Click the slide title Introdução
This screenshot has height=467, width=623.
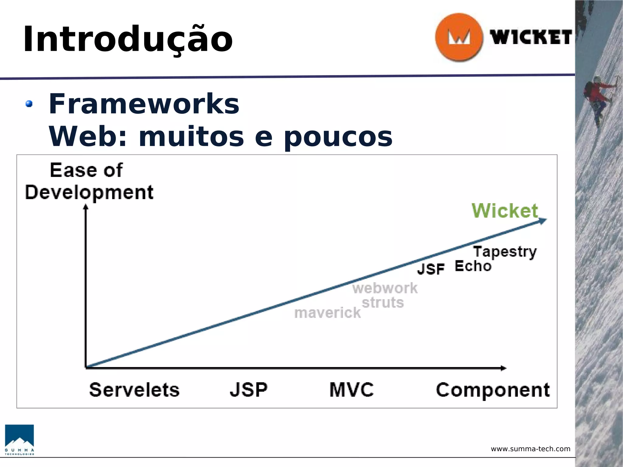[x=128, y=40]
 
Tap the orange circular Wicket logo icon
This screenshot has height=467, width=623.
[x=459, y=37]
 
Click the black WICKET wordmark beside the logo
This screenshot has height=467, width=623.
[x=531, y=37]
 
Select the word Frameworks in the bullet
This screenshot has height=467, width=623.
[x=144, y=104]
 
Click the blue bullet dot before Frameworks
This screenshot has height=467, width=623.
[x=29, y=104]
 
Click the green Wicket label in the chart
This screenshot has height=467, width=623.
[x=505, y=210]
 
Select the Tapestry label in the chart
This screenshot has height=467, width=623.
[x=505, y=252]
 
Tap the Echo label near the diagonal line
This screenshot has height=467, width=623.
[x=473, y=266]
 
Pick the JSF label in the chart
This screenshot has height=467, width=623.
[x=431, y=269]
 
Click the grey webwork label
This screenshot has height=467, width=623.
[x=385, y=288]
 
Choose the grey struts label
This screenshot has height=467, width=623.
[x=383, y=303]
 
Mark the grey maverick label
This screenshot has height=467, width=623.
[x=328, y=313]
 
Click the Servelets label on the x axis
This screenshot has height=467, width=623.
[x=134, y=390]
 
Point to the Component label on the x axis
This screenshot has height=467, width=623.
[x=493, y=390]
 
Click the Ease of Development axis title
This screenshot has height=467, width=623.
[x=89, y=182]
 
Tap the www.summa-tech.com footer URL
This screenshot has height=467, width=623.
[x=531, y=449]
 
